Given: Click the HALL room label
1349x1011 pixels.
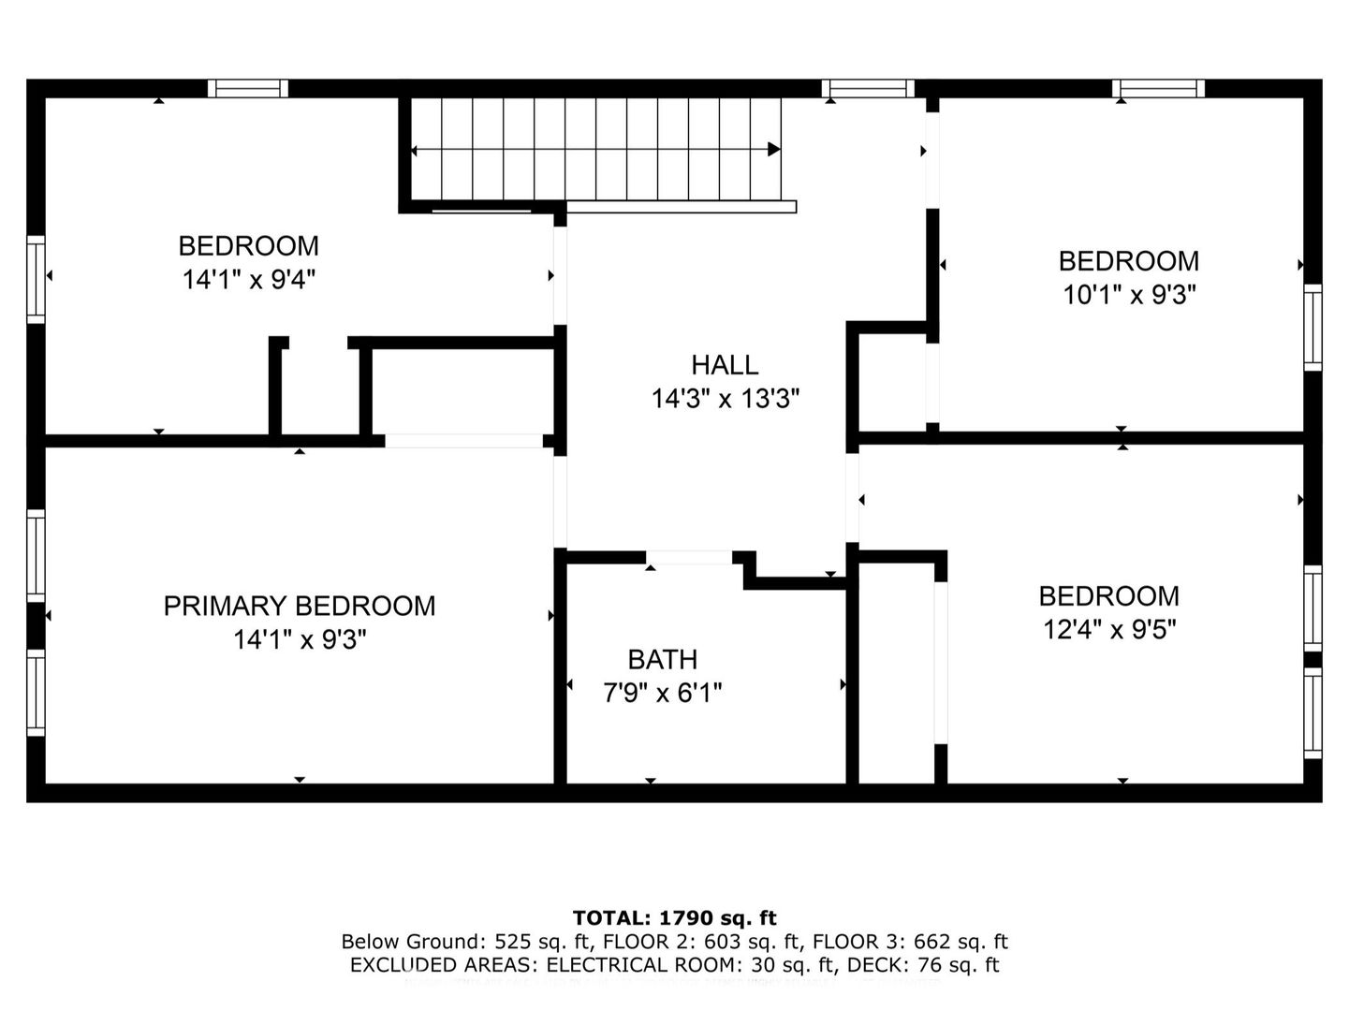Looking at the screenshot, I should tap(724, 364).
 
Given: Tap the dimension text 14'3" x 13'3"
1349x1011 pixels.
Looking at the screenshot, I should tap(725, 400).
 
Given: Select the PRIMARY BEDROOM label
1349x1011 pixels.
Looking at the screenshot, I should tap(299, 606).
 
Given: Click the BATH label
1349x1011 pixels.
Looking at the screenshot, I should tap(662, 659).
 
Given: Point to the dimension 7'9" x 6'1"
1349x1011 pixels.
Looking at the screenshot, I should tap(662, 694).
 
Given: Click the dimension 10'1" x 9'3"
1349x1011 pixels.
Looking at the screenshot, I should tap(1128, 295).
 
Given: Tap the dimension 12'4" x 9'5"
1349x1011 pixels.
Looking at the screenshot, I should tap(1108, 629).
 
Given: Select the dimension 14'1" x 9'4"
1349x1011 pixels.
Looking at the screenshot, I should tap(248, 279).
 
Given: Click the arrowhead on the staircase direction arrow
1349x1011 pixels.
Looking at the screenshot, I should tap(774, 149).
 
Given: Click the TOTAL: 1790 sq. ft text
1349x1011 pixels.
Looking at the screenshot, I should tap(674, 917).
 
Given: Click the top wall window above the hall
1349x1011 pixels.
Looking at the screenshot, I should tap(868, 88).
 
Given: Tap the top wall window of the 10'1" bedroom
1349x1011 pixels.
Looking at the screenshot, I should tap(1158, 88).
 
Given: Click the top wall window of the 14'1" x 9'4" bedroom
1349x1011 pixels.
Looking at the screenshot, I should tap(247, 88).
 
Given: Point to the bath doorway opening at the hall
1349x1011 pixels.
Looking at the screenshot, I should tap(690, 558).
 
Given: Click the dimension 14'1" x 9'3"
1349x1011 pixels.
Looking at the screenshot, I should tap(299, 640).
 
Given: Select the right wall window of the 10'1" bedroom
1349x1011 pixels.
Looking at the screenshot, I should tap(1312, 328).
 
